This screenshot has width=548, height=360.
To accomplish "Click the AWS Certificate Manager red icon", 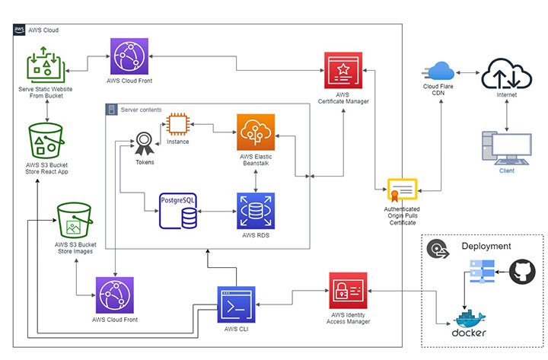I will pyautogui.click(x=344, y=72).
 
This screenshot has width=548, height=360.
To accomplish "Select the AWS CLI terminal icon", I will pyautogui.click(x=236, y=305).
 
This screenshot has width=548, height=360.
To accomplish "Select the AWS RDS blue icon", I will pyautogui.click(x=255, y=212).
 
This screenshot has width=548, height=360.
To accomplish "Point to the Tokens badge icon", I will pyautogui.click(x=145, y=142).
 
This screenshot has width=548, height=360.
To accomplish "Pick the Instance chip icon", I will pyautogui.click(x=178, y=123).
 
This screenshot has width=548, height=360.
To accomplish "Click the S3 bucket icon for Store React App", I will pyautogui.click(x=47, y=140).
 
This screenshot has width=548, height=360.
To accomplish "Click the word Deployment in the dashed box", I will pyautogui.click(x=486, y=247).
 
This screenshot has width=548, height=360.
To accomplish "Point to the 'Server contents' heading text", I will pyautogui.click(x=141, y=110).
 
